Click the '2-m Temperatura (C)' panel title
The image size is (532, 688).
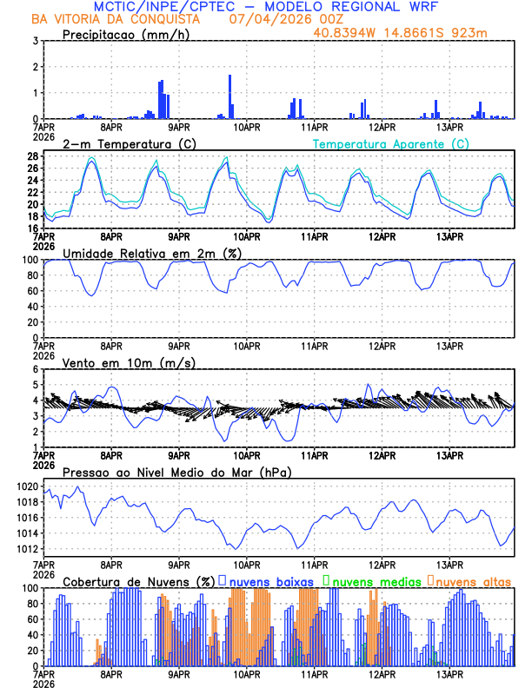pyautogui.click(x=129, y=143)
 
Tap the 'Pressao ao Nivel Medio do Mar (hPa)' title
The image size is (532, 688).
pyautogui.click(x=176, y=472)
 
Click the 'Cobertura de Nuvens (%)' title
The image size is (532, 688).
pyautogui.click(x=138, y=581)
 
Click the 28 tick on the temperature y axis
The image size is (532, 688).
pyautogui.click(x=32, y=156)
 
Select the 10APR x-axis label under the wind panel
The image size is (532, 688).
pyautogui.click(x=247, y=454)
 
